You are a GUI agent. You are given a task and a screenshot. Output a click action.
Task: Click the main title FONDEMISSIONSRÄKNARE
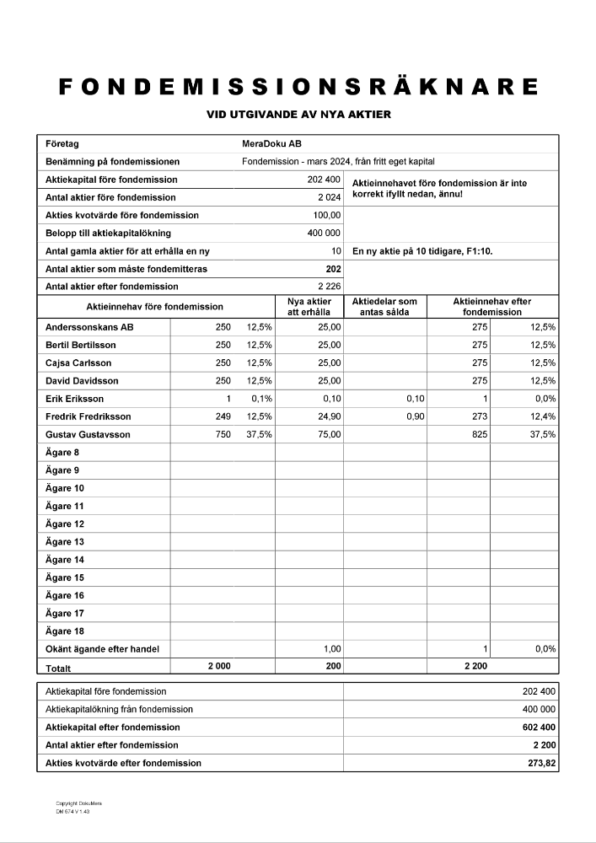point(298,87)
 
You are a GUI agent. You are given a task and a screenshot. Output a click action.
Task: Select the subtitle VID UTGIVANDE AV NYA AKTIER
point(298,115)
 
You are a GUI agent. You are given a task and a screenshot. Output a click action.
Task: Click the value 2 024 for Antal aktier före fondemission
point(329,197)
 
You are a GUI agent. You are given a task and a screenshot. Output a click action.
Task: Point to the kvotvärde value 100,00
point(327,215)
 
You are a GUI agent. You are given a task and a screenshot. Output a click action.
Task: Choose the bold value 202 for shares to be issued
point(333,269)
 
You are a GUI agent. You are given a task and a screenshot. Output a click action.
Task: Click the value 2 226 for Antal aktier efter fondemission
point(329,287)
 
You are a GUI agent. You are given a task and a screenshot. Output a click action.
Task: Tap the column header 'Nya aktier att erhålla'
point(308,307)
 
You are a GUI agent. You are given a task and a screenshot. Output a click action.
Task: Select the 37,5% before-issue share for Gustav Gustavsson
point(259,435)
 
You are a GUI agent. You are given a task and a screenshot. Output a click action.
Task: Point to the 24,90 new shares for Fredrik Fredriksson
point(327,417)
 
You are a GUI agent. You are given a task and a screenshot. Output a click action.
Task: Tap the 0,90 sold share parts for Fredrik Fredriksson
point(415,417)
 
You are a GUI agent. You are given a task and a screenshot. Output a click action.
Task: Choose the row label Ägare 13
point(64,542)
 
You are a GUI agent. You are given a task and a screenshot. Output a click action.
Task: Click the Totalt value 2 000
point(219,666)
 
